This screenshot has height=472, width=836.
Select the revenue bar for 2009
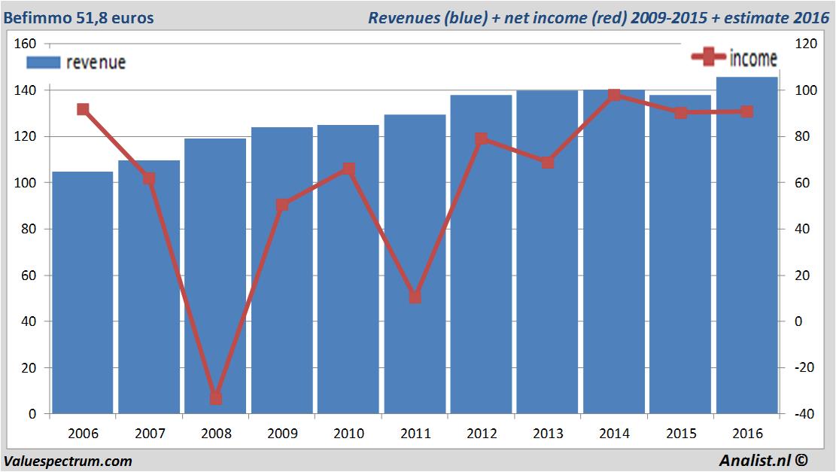(281, 270)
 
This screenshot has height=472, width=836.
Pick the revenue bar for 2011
(415, 263)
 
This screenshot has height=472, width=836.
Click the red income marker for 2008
(216, 397)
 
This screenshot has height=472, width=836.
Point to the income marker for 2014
(614, 95)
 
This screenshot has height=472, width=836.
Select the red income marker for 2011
(415, 297)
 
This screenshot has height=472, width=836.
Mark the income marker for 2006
(83, 109)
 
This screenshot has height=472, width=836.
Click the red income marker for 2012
(482, 139)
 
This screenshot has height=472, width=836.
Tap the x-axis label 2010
(348, 434)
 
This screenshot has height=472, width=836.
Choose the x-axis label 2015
(680, 434)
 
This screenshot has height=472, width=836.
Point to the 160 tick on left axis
(26, 44)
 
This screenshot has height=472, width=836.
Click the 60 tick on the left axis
(29, 276)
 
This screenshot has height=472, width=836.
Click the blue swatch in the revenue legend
(42, 62)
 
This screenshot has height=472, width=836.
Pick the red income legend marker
(708, 57)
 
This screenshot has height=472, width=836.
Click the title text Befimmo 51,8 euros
(78, 17)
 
